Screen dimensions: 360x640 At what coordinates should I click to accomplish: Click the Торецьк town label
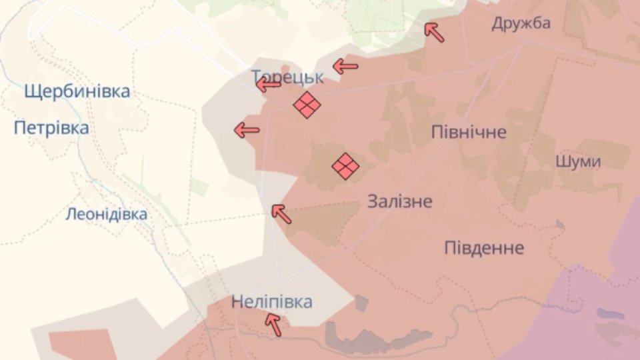(x=288, y=77)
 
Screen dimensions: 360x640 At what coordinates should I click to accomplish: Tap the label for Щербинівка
(x=77, y=91)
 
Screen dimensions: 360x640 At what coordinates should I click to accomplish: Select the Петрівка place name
(x=51, y=127)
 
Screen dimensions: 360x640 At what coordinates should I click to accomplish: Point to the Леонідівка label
(x=107, y=215)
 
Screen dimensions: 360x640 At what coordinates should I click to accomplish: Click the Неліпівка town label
(x=271, y=302)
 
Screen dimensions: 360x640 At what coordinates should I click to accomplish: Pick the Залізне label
(x=400, y=201)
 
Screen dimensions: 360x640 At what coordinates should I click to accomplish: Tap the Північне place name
(x=469, y=131)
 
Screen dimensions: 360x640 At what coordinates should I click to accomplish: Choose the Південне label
(x=484, y=248)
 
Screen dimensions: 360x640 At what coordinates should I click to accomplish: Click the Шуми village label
(x=578, y=161)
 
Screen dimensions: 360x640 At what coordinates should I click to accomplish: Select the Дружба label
(x=521, y=23)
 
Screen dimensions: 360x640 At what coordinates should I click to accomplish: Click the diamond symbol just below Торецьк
(x=307, y=105)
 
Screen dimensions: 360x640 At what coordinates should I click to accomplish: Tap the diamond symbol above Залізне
(x=345, y=166)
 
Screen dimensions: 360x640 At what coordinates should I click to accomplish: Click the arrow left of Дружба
(x=435, y=31)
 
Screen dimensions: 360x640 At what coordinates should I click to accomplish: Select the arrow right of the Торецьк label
(x=345, y=66)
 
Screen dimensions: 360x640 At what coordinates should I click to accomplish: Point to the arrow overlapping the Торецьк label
(x=269, y=84)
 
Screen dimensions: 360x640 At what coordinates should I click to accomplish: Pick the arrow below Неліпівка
(x=273, y=324)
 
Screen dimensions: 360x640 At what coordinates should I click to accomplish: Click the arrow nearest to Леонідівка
(x=281, y=213)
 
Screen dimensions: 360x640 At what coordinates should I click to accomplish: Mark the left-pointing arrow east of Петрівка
(x=247, y=130)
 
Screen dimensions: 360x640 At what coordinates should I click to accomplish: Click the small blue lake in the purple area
(x=610, y=313)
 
